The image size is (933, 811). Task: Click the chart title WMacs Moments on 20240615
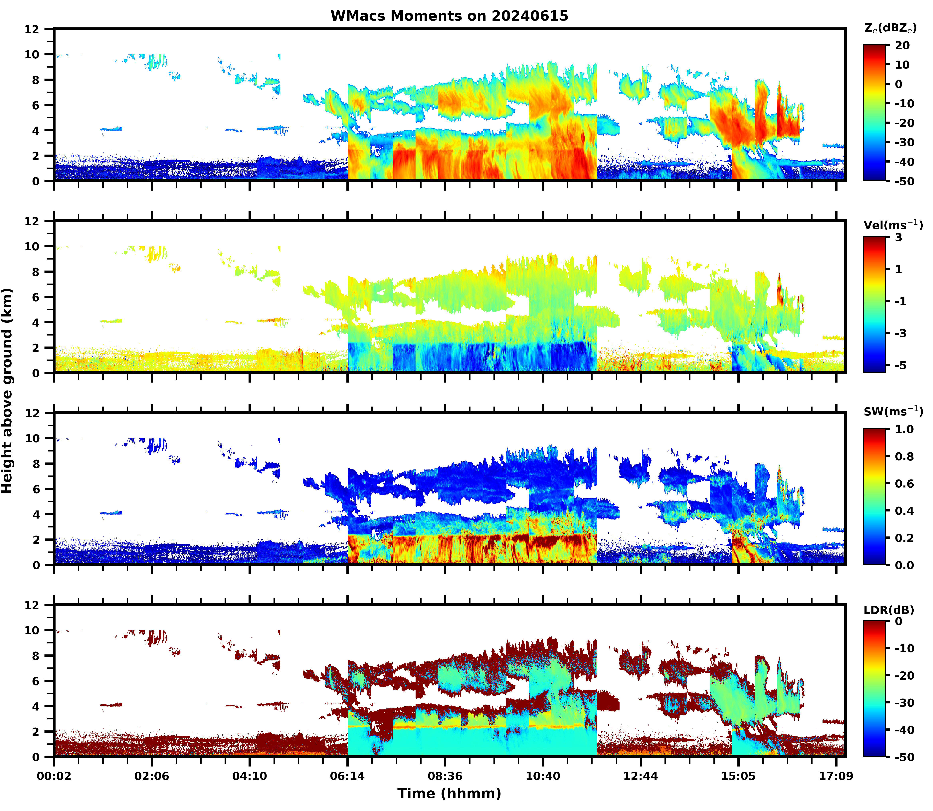click(x=449, y=16)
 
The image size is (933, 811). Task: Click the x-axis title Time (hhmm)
click(x=449, y=793)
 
